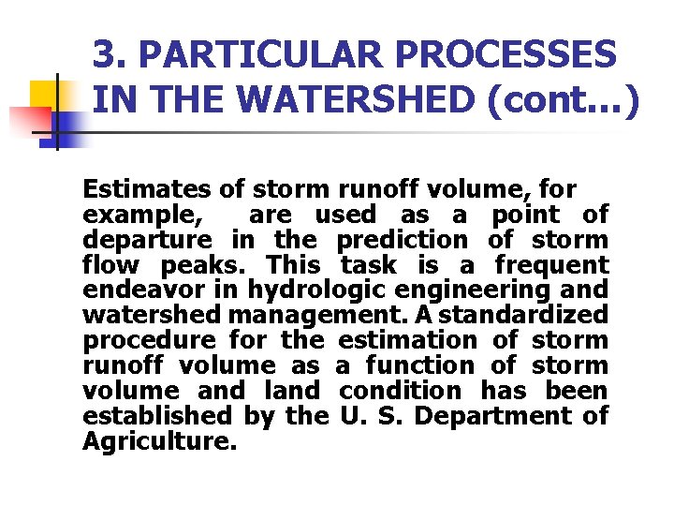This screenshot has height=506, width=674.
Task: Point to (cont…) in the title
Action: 562,98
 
